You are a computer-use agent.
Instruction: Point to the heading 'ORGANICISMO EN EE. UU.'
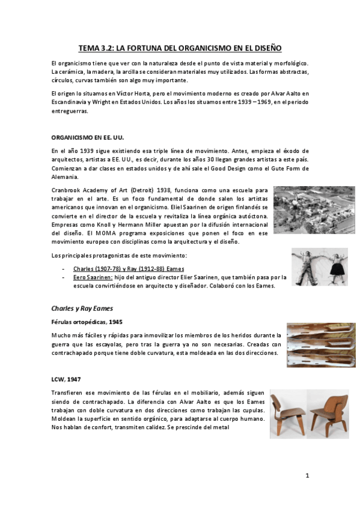(87, 137)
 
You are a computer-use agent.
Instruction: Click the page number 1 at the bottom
(307, 476)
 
